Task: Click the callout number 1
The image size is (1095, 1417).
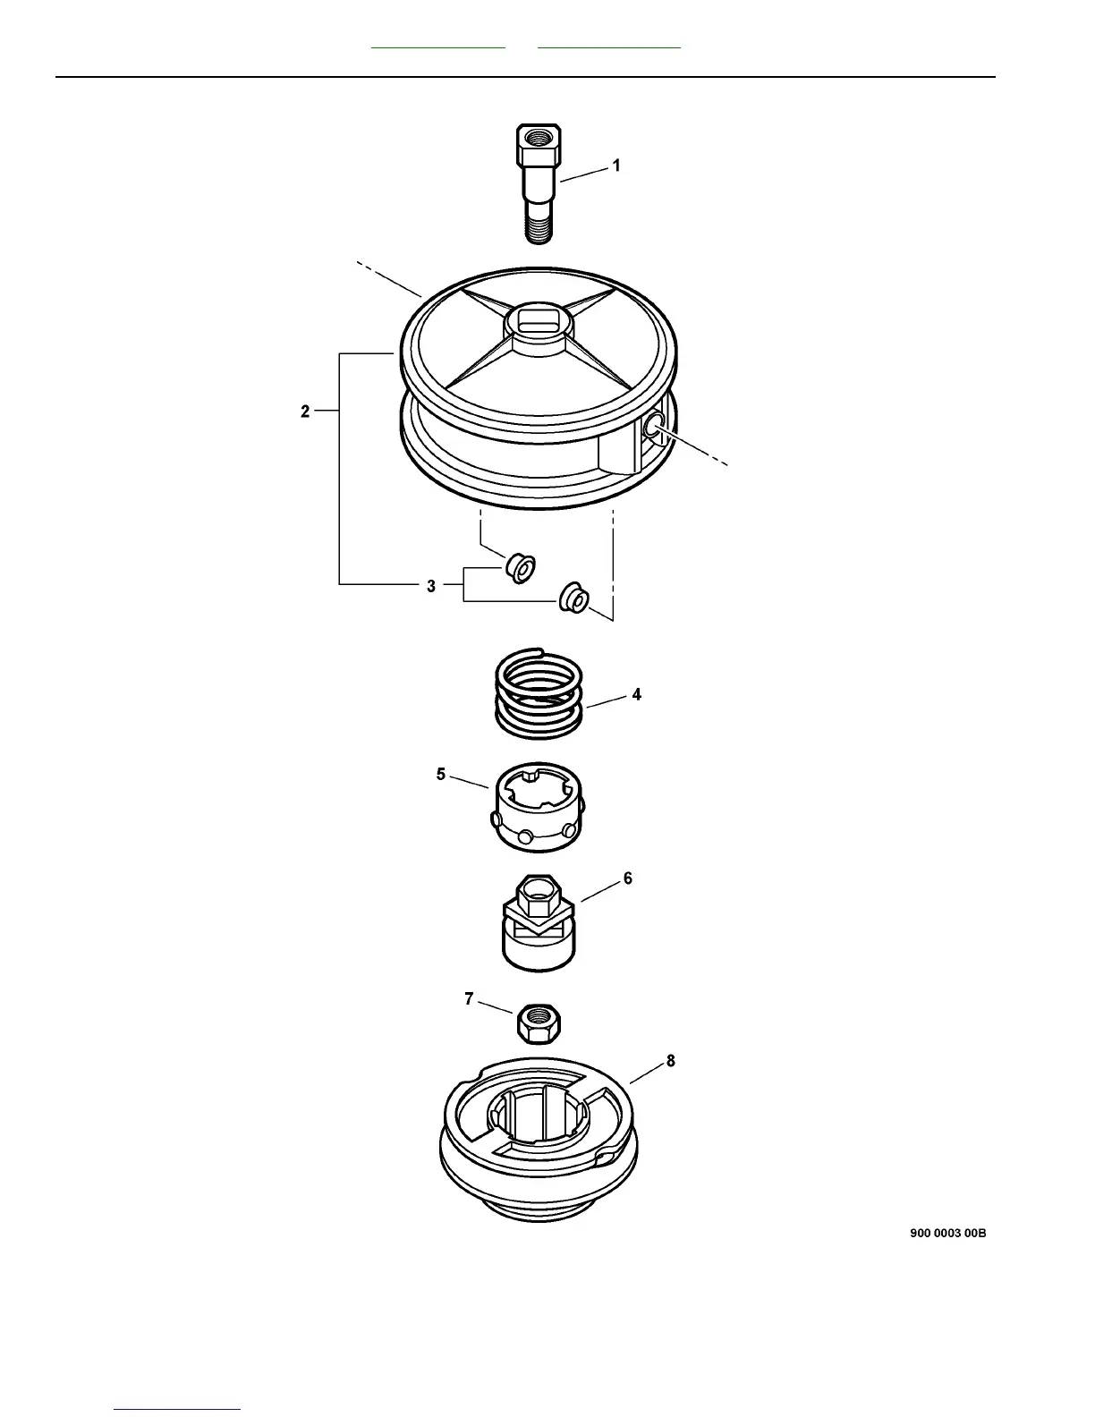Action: pyautogui.click(x=616, y=165)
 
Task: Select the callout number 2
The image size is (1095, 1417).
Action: pyautogui.click(x=305, y=412)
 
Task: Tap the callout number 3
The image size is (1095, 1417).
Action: pyautogui.click(x=431, y=586)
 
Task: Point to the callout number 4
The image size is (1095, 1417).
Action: pyautogui.click(x=636, y=694)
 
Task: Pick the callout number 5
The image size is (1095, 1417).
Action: pyautogui.click(x=441, y=774)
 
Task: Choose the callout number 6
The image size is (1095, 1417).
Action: pyautogui.click(x=628, y=878)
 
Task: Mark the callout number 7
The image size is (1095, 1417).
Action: pyautogui.click(x=469, y=999)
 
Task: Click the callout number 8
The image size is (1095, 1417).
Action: pyautogui.click(x=670, y=1061)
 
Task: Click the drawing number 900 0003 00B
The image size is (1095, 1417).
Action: pyautogui.click(x=948, y=1233)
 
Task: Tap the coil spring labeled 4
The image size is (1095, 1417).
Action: pyautogui.click(x=539, y=693)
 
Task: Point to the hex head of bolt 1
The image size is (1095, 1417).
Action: pyautogui.click(x=538, y=143)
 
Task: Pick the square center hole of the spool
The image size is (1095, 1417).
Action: pyautogui.click(x=539, y=319)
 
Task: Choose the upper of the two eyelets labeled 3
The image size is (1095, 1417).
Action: pyautogui.click(x=520, y=567)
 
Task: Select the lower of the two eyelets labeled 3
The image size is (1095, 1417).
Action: pyautogui.click(x=573, y=597)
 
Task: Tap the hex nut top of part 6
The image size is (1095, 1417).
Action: pyautogui.click(x=539, y=895)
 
